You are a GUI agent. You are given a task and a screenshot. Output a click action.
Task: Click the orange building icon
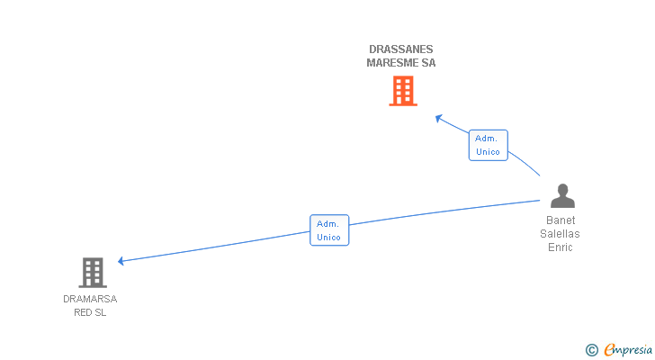(403, 91)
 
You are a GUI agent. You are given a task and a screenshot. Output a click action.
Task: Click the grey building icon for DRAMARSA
(93, 272)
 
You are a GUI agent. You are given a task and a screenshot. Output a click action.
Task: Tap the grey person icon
(562, 196)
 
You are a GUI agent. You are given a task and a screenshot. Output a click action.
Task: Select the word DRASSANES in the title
(401, 49)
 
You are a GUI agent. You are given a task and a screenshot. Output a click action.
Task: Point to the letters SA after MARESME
(428, 63)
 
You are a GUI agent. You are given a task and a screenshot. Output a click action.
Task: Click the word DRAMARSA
(90, 299)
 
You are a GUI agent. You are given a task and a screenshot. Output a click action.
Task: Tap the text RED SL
(90, 312)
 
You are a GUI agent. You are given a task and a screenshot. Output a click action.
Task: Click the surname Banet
(561, 220)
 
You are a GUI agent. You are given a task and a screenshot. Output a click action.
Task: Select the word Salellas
(561, 234)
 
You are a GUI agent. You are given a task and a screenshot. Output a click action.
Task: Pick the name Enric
(561, 247)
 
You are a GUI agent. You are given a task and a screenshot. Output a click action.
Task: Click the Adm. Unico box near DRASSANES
(488, 145)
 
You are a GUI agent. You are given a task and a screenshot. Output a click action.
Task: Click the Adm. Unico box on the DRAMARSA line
(329, 230)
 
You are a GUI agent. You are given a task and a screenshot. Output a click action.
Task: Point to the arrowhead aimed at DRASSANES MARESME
(438, 117)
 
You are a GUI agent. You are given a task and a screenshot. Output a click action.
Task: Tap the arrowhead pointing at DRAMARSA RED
(121, 261)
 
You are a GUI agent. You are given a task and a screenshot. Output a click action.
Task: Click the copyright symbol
(591, 350)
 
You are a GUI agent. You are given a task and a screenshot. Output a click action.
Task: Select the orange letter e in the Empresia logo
(609, 350)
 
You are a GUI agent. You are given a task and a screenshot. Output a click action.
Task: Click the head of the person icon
(562, 189)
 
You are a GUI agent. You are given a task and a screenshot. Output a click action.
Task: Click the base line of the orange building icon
(403, 104)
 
